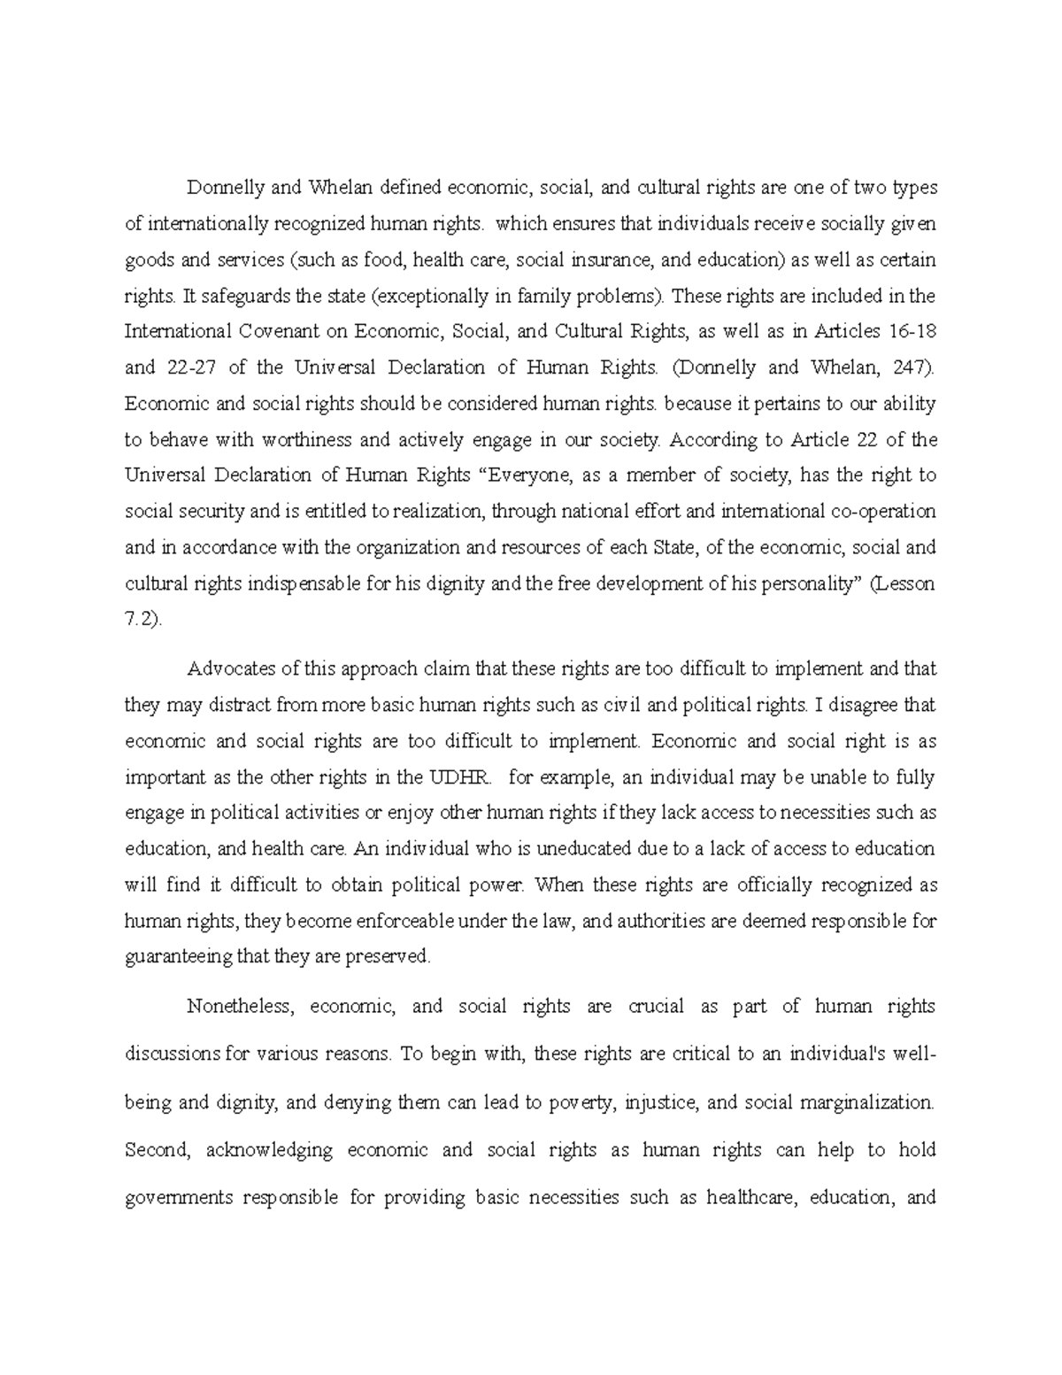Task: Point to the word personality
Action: (x=805, y=584)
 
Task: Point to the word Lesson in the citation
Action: (x=904, y=584)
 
